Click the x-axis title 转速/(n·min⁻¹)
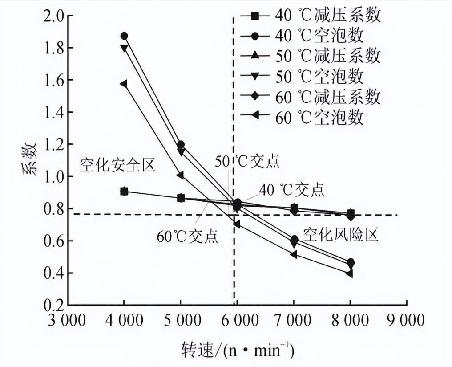[237, 349]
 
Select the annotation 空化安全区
[117, 166]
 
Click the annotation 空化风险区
[341, 234]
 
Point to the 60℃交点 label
[187, 236]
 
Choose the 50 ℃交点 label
[247, 161]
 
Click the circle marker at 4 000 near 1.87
[124, 36]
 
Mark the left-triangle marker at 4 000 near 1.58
[124, 84]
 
